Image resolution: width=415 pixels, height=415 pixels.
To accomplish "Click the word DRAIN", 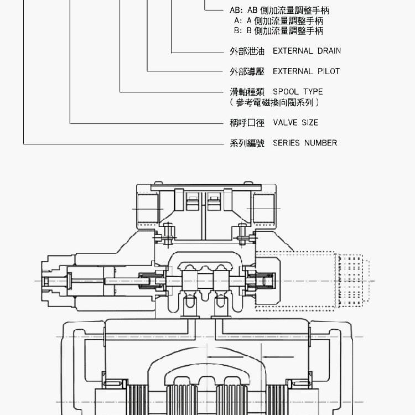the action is pos(329,51).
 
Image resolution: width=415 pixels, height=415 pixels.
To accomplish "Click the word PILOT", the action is pos(329,71).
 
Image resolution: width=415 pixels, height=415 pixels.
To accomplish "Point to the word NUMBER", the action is pos(320,143).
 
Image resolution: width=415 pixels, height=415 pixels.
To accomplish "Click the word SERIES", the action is pos(286,143).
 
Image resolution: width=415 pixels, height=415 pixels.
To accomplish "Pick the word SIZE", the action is pos(310,122).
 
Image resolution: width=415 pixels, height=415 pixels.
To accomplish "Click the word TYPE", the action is pos(313,91).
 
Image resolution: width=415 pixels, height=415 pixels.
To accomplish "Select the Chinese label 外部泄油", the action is pos(247,51).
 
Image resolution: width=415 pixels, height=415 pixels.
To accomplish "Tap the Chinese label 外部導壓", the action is pos(247,71).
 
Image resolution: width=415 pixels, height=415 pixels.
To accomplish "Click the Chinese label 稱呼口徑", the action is pos(247,123).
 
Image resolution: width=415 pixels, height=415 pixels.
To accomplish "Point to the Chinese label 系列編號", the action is pos(247,143).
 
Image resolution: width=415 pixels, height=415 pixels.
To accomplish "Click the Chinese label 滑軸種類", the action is pos(247,92).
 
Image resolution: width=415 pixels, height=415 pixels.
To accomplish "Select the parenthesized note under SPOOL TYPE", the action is pos(274,102).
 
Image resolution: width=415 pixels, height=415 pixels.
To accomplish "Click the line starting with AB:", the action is pos(279,11).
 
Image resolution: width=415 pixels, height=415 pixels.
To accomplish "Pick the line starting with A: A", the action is pos(279,20).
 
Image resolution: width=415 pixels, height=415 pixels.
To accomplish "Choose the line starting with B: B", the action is pos(279,30).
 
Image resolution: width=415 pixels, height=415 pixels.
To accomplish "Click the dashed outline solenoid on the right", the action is pos(312,281).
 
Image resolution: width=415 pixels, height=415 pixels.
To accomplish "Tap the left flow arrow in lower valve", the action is pos(225,357).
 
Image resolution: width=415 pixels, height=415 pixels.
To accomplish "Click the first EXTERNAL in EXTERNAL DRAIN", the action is pos(293,51).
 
